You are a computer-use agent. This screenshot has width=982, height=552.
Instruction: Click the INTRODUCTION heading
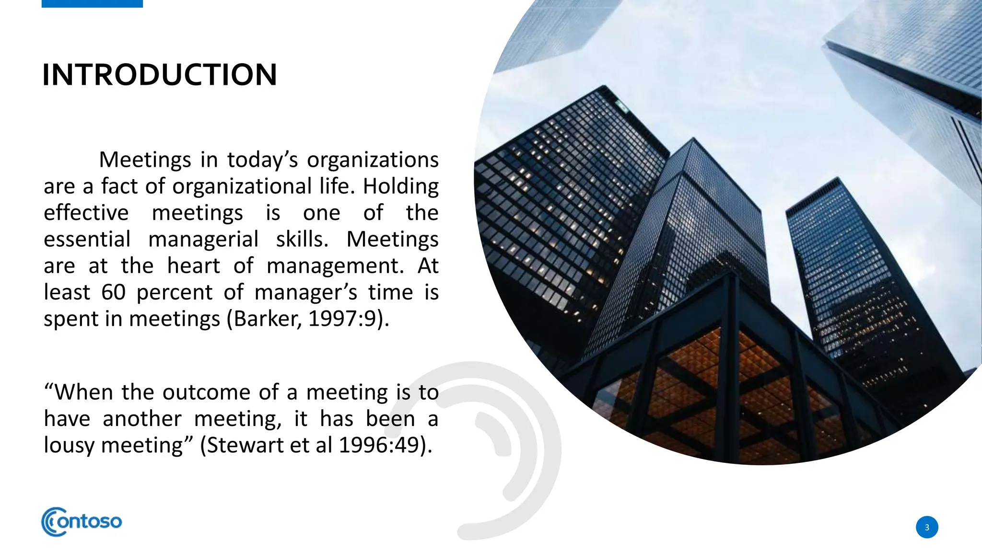[160, 75]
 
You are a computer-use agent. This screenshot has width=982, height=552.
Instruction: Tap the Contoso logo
[82, 521]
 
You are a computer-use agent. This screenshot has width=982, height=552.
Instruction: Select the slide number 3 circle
[926, 527]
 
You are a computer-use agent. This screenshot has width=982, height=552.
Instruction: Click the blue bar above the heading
[92, 3]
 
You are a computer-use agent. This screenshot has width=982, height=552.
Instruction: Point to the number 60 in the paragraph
[113, 292]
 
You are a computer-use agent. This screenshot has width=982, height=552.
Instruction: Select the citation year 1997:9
[342, 319]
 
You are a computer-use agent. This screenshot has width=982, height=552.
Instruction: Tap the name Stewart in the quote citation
[245, 445]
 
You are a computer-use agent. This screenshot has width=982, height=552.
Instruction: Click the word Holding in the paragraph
[400, 186]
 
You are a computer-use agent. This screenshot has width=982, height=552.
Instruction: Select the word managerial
[203, 239]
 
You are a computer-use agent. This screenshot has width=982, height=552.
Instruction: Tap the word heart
[193, 266]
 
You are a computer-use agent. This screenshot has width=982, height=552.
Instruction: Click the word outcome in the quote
[206, 392]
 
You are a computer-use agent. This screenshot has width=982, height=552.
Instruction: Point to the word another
[142, 419]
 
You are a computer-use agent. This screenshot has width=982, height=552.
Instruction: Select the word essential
[87, 239]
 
